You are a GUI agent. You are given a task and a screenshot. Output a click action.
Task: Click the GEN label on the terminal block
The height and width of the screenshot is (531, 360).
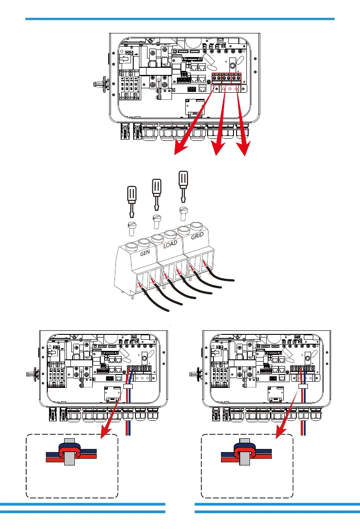tap(145, 253)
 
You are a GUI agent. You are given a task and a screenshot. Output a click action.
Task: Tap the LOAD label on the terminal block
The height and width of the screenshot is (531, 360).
tap(170, 244)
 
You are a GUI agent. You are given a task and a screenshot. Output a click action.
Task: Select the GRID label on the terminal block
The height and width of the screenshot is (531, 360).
tap(197, 236)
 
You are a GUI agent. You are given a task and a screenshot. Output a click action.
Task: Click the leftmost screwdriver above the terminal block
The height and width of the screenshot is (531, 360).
tap(131, 202)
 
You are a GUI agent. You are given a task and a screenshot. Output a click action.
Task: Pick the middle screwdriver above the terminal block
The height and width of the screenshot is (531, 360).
tap(156, 195)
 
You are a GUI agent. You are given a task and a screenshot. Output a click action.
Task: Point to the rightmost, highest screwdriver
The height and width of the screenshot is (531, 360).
tap(183, 187)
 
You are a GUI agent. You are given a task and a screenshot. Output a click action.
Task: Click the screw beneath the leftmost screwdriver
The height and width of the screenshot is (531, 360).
tap(131, 229)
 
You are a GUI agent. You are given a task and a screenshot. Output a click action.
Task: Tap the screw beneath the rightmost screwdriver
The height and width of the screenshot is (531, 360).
tap(183, 214)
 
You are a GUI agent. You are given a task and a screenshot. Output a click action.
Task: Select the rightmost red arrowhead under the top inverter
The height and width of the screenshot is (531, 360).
tap(244, 148)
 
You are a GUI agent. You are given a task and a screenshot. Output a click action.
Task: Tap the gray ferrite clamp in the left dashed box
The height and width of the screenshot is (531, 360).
tap(70, 452)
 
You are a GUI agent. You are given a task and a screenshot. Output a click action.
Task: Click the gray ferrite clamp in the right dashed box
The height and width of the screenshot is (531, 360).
tap(245, 452)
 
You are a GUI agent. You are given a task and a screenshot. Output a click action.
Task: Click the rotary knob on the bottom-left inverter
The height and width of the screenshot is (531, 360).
tap(33, 374)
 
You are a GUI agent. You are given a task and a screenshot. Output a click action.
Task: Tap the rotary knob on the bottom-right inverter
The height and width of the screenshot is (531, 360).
tap(196, 374)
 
